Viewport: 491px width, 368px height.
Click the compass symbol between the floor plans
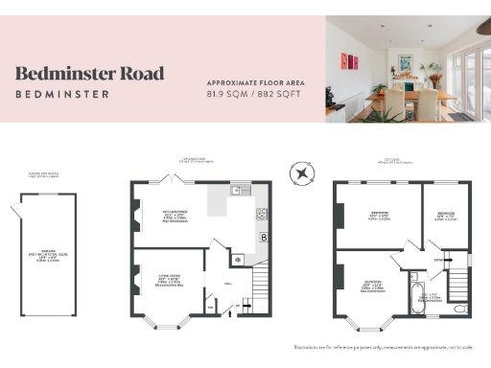point(302,173)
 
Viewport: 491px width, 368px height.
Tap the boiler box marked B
point(262,237)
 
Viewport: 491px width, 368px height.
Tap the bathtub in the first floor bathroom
point(415,294)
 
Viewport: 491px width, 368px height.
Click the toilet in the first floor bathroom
point(459,308)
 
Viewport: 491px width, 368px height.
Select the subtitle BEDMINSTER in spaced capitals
point(62,94)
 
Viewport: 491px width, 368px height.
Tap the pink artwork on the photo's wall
point(352,62)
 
